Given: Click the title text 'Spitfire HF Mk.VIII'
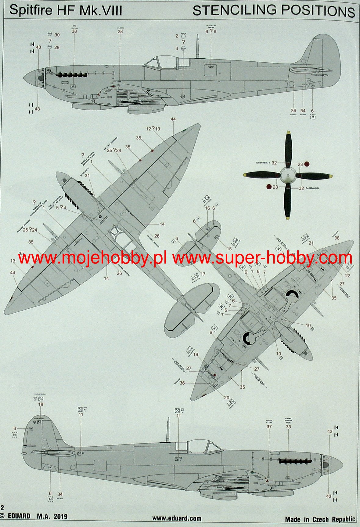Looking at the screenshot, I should [66, 10].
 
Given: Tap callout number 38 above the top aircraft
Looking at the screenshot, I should [74, 31].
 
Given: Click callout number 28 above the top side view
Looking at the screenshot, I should [120, 31].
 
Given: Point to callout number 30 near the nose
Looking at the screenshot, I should [57, 35].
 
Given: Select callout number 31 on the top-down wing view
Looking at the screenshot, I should [88, 176].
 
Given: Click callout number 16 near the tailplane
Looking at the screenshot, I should [207, 208].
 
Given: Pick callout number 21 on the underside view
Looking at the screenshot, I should [311, 243].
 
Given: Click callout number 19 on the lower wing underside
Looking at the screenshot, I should [196, 354].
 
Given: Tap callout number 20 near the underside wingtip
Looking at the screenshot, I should [226, 398].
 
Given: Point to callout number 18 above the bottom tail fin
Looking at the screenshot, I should [41, 404].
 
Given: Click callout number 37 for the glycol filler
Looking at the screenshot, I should [269, 427].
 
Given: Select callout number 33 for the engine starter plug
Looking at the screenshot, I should [288, 427].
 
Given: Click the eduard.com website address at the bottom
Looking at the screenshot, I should [177, 518].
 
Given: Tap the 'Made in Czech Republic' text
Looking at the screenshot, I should [320, 519].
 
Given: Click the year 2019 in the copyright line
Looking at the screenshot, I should [60, 516].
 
